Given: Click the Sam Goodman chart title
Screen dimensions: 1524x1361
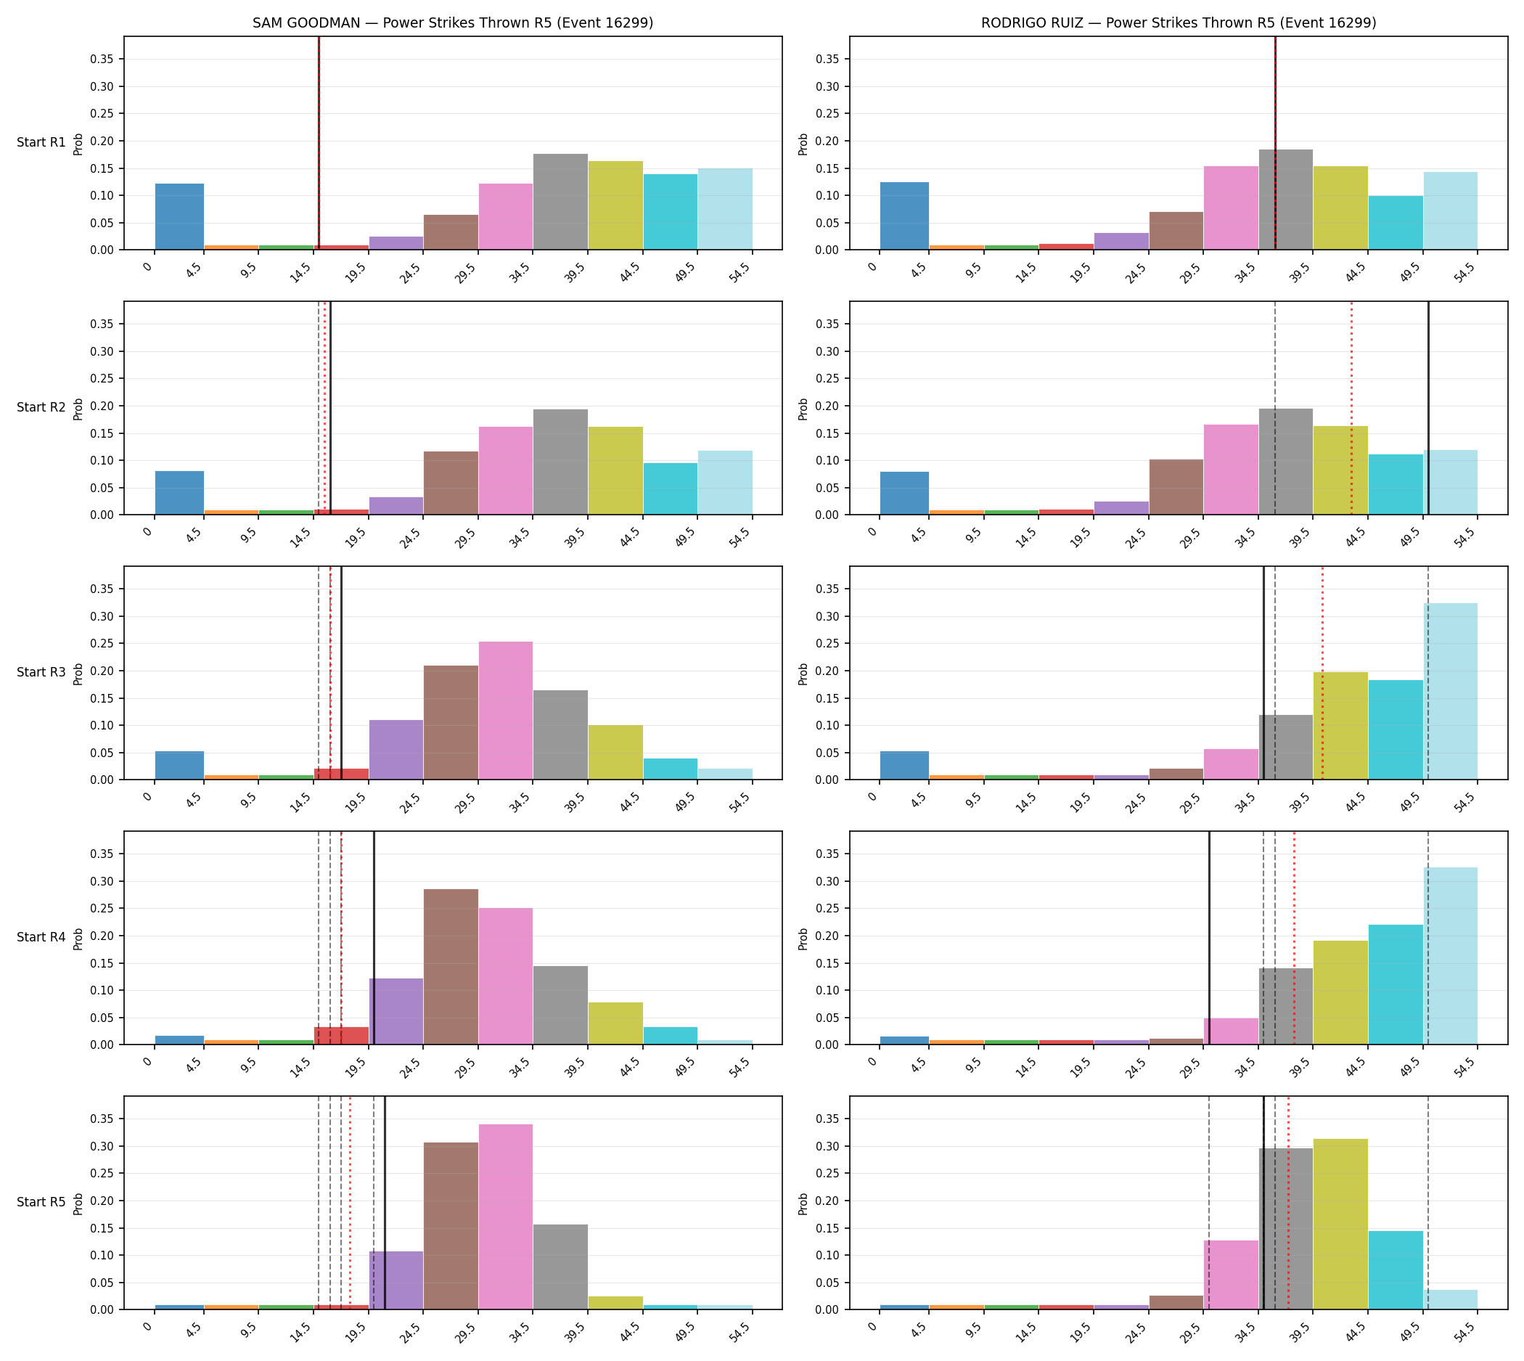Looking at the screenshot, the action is pos(452,23).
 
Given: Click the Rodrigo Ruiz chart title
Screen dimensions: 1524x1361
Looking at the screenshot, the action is pos(1179,23).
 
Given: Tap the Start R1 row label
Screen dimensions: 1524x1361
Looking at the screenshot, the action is pos(41,142).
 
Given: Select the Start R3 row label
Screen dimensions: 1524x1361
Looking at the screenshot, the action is pos(41,672).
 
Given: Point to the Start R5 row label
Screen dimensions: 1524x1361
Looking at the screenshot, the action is pos(41,1202).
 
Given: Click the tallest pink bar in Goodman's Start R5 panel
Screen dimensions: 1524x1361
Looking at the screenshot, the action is pos(506,1217).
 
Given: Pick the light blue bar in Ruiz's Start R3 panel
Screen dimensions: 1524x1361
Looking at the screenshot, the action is pos(1450,691).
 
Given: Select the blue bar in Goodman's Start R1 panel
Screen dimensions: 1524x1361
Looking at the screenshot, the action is pos(179,216).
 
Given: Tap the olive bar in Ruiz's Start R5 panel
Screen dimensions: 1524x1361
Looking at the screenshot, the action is pos(1341,1224).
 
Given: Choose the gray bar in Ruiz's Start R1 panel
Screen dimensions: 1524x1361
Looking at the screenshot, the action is pos(1285,200).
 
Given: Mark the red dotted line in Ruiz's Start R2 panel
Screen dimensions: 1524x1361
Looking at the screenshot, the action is pos(1351,408).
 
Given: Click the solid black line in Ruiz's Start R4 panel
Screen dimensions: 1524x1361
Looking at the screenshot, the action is pos(1209,938).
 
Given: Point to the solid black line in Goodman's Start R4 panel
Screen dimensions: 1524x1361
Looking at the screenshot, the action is pos(374,938).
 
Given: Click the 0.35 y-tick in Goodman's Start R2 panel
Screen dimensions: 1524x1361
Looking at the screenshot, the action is pos(102,324).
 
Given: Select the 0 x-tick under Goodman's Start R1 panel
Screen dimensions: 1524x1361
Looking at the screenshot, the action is pos(148,267).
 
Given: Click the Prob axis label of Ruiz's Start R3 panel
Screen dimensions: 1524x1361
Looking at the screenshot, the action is pos(803,674).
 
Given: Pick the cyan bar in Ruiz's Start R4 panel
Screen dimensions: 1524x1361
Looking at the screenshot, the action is pos(1396,984).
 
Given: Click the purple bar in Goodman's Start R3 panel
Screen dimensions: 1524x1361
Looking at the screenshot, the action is pos(396,749).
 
